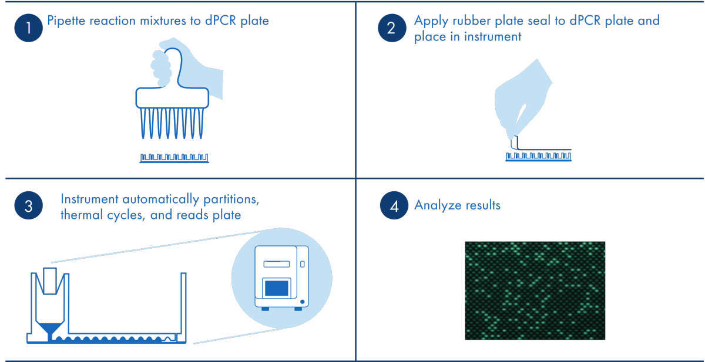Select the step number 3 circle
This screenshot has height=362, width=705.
pyautogui.click(x=28, y=207)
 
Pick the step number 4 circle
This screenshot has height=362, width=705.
pyautogui.click(x=392, y=207)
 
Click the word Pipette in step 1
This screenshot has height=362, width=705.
pyautogui.click(x=66, y=22)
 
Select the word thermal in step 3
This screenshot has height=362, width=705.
pyautogui.click(x=81, y=215)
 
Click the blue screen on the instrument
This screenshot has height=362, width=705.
pyautogui.click(x=276, y=287)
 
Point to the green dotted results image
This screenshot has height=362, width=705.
pyautogui.click(x=535, y=290)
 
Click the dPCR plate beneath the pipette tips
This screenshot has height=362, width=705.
pyautogui.click(x=174, y=158)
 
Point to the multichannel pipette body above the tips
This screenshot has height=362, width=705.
pyautogui.click(x=172, y=98)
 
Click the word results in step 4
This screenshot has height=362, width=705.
pyautogui.click(x=481, y=206)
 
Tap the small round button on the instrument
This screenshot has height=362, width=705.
pyautogui.click(x=302, y=301)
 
